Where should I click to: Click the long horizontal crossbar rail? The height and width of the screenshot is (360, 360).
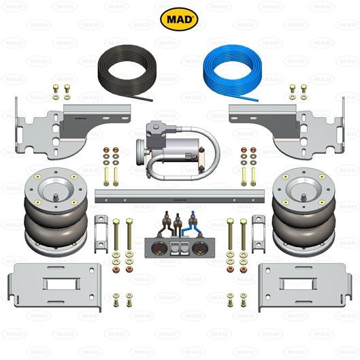(x=180, y=195)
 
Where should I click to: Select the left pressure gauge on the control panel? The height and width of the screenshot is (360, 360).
(x=161, y=248)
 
